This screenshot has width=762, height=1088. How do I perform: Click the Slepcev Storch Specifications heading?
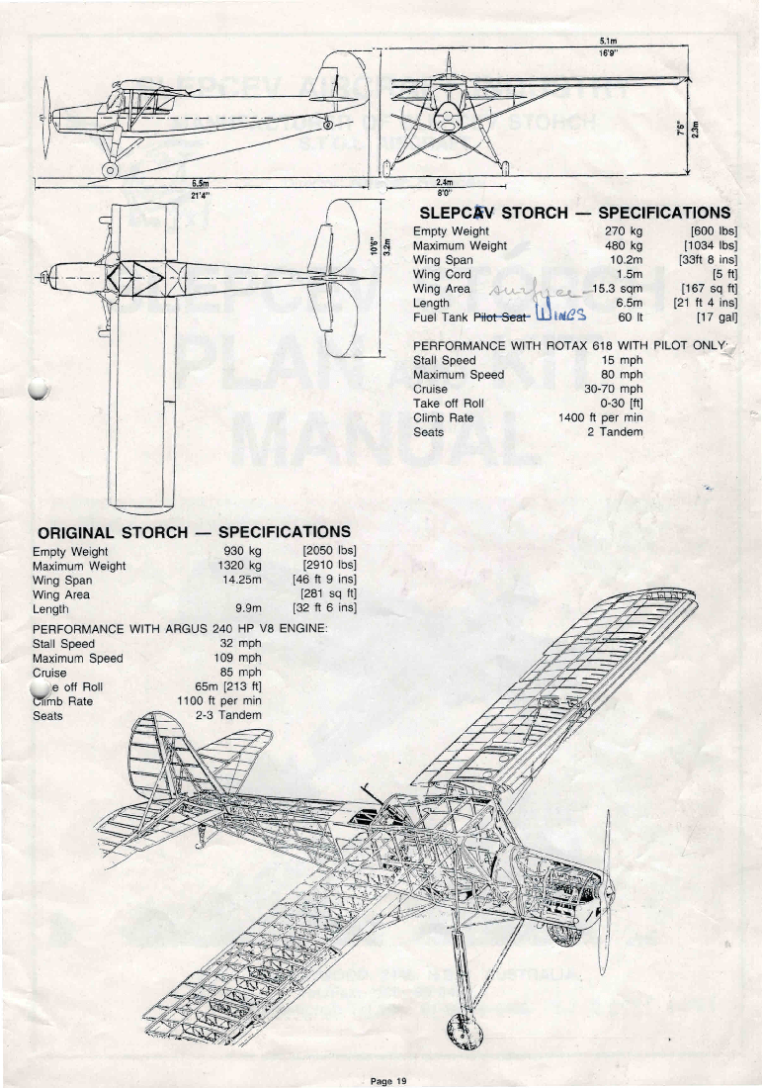tap(574, 213)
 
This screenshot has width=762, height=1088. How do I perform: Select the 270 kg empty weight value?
tap(623, 231)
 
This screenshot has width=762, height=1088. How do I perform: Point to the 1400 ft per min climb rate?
tap(600, 417)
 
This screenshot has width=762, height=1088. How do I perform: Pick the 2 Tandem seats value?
tap(615, 431)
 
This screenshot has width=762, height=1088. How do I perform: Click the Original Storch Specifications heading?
tap(192, 532)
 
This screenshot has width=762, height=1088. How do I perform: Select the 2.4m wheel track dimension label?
tap(444, 183)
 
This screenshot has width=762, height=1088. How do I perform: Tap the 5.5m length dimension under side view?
tap(201, 183)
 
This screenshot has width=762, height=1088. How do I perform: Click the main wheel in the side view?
tap(110, 169)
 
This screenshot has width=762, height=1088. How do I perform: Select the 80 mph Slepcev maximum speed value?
tap(622, 375)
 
